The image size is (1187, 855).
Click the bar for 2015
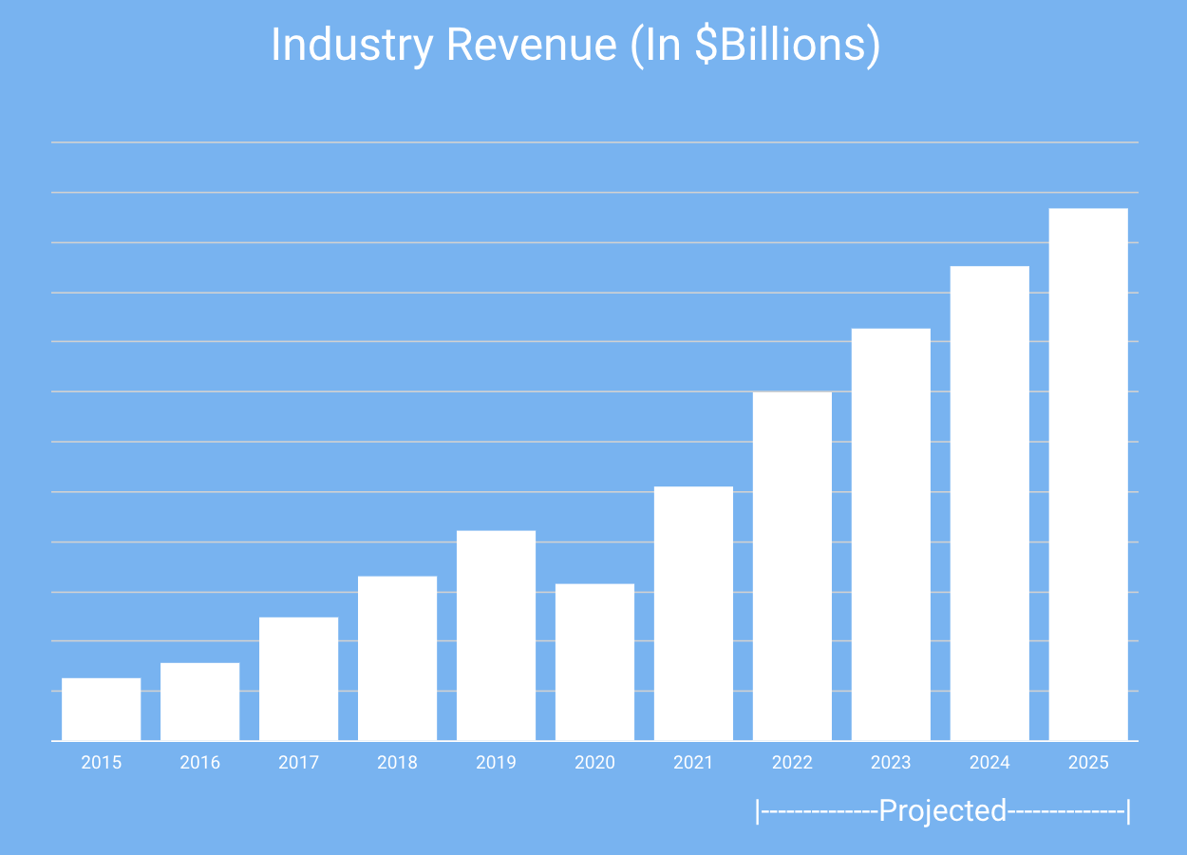pyautogui.click(x=101, y=709)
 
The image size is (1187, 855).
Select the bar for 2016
pyautogui.click(x=199, y=701)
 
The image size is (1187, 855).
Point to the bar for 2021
pyautogui.click(x=693, y=613)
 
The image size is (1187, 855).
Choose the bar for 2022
pyautogui.click(x=792, y=565)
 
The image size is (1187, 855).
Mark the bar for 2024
pyautogui.click(x=989, y=503)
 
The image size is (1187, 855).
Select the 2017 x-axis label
pyautogui.click(x=298, y=762)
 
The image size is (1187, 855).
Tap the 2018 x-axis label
pyautogui.click(x=397, y=762)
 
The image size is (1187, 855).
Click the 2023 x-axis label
pyautogui.click(x=891, y=762)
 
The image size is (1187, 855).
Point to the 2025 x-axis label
pyautogui.click(x=1088, y=762)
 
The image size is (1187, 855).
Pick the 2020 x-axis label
pyautogui.click(x=594, y=762)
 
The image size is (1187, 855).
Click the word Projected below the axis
pyautogui.click(x=942, y=811)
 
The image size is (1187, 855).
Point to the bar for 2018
pyautogui.click(x=397, y=657)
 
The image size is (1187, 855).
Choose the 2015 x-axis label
pyautogui.click(x=101, y=762)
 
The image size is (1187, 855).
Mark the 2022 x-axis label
pyautogui.click(x=792, y=762)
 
